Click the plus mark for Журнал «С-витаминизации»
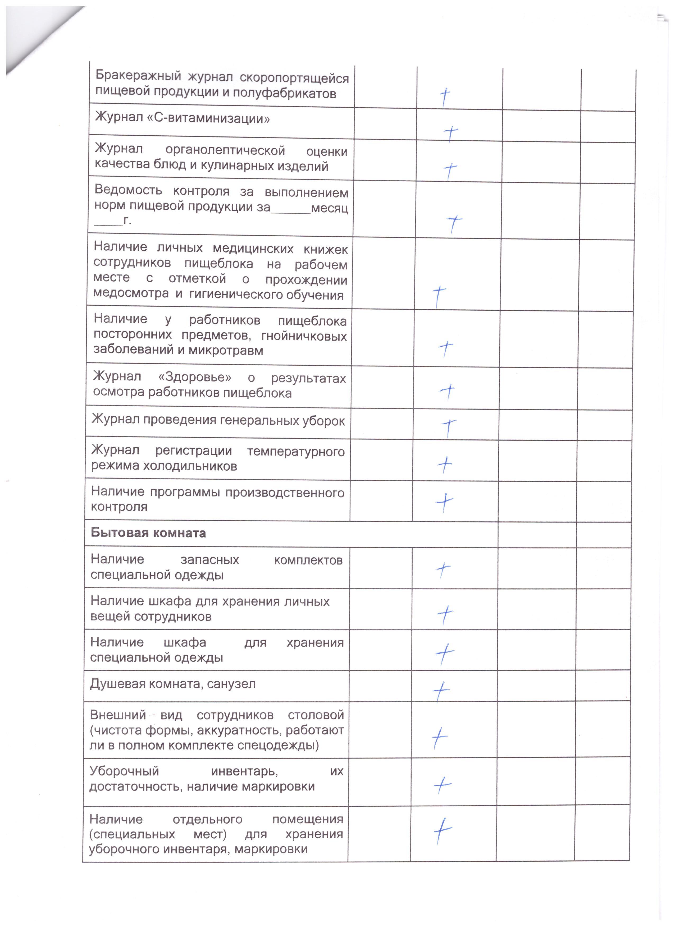(450, 133)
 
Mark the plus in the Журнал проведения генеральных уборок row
(449, 427)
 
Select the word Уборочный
(124, 771)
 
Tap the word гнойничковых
(304, 336)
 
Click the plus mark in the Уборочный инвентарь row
(442, 784)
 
